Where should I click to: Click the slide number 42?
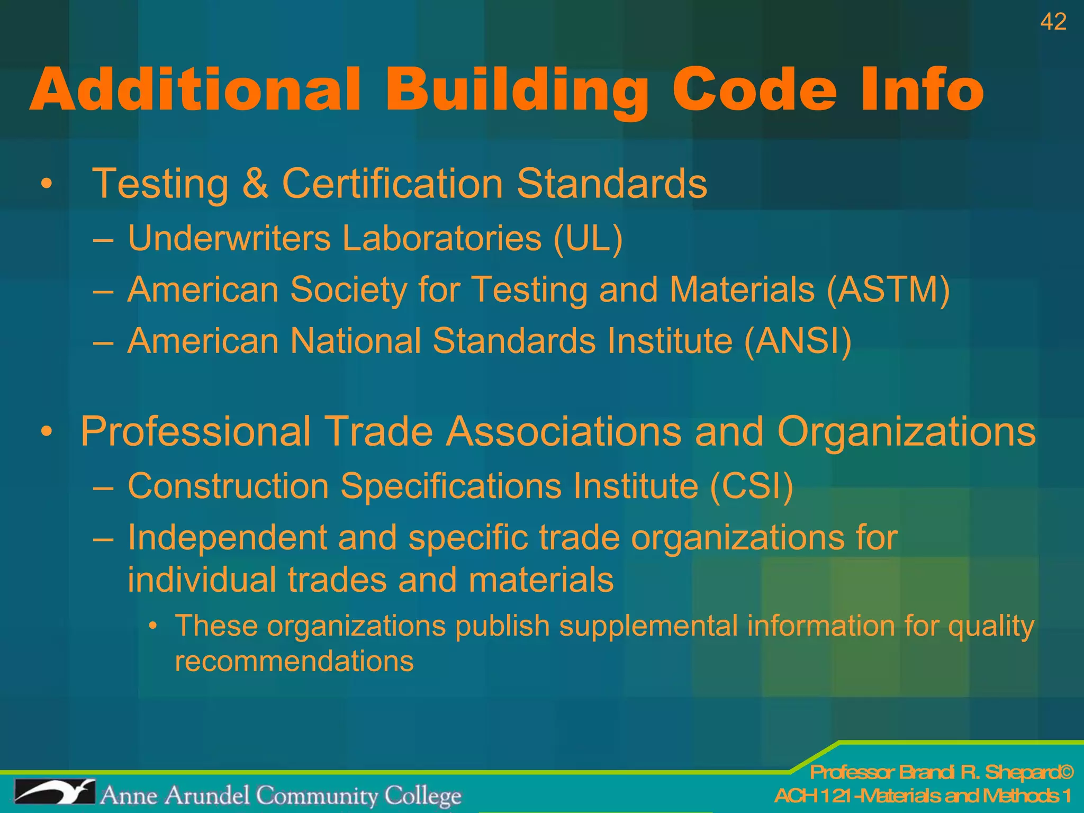[x=1053, y=22]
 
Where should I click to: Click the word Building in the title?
[x=517, y=90]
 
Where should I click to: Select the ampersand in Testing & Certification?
[x=255, y=183]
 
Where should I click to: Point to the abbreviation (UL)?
[x=588, y=239]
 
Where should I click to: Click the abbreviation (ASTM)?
[x=888, y=290]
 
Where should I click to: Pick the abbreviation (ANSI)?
[x=798, y=340]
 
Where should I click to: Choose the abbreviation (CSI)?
[x=751, y=486]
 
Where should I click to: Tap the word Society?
[x=348, y=290]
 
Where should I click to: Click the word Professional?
[x=195, y=431]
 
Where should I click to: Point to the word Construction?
[x=228, y=486]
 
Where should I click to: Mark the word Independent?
[x=227, y=538]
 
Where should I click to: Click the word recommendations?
[x=294, y=662]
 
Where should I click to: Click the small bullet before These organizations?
[x=153, y=627]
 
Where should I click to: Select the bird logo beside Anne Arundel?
[x=55, y=792]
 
